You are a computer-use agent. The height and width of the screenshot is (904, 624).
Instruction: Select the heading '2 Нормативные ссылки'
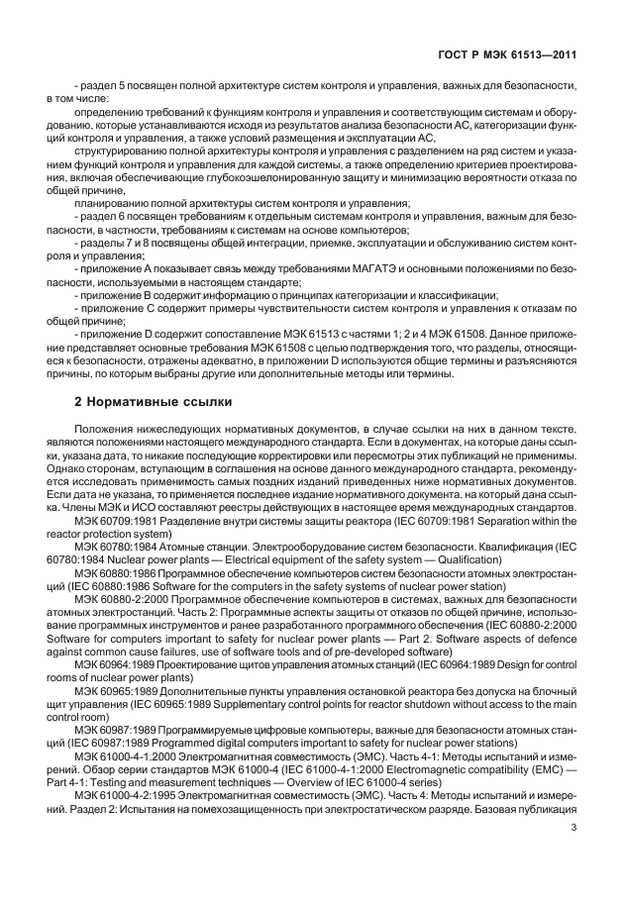[154, 402]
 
